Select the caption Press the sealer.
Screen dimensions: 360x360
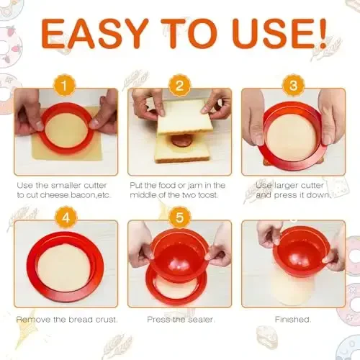pyautogui.click(x=179, y=339)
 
